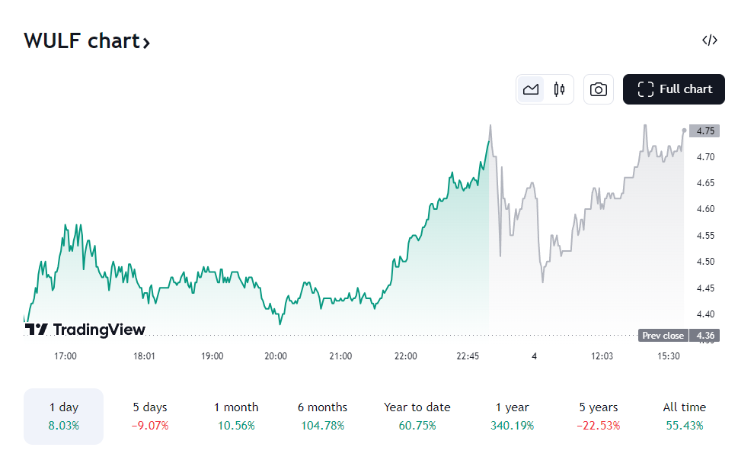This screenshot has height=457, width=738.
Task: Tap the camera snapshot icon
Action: [x=599, y=89]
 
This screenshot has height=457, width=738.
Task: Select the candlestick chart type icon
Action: [x=559, y=89]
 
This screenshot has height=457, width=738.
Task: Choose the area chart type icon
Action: [x=531, y=89]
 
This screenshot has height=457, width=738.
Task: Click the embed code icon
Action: [x=709, y=40]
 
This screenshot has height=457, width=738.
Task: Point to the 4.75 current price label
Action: [x=704, y=130]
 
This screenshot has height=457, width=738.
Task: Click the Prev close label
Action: [x=663, y=336]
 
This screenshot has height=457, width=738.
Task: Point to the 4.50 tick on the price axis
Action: [x=704, y=262]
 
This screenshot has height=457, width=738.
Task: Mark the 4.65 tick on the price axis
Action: [x=704, y=183]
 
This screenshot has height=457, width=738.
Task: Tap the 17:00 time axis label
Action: [x=65, y=356]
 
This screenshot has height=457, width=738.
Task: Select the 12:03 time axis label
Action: [x=602, y=356]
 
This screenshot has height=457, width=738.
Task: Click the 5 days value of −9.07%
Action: [x=150, y=425]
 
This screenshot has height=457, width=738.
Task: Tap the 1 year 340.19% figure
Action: [x=513, y=425]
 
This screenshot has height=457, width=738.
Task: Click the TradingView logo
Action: [x=85, y=330]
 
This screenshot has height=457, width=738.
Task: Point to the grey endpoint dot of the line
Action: [x=684, y=130]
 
